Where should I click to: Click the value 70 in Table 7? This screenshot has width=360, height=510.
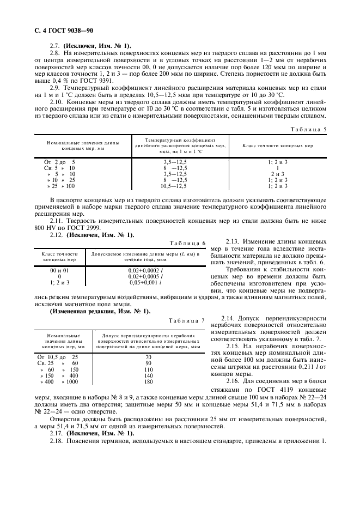point(148,357)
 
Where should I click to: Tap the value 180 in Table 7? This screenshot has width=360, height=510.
point(148,382)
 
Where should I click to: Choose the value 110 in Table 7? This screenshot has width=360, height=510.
point(148,369)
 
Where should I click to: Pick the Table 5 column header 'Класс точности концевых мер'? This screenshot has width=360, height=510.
point(277,146)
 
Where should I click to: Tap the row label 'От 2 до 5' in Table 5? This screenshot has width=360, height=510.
point(59,162)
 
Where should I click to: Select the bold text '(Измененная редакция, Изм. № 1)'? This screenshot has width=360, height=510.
point(99,311)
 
